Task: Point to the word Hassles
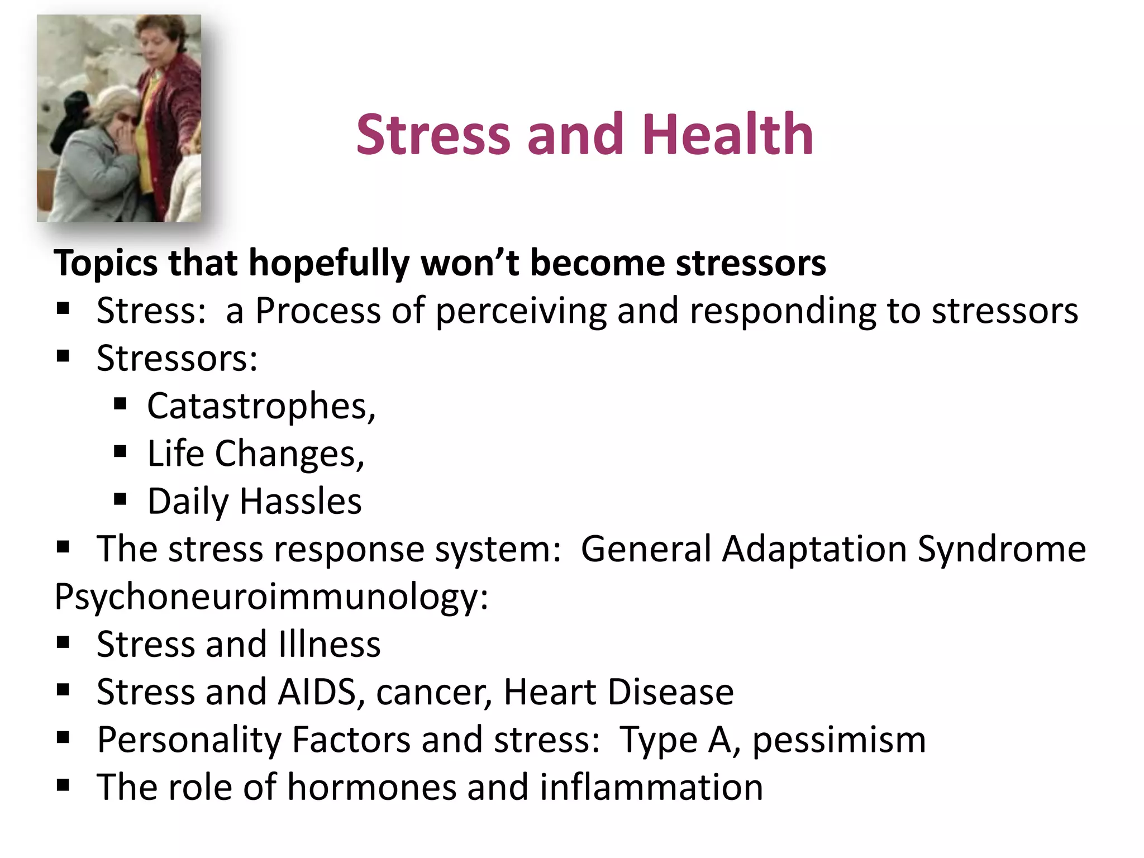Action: pos(301,501)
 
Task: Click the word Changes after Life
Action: pos(289,454)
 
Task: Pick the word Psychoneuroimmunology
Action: pos(271,597)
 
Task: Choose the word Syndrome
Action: pos(1002,549)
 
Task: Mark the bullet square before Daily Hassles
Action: pos(120,498)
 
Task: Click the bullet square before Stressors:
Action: pos(63,356)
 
